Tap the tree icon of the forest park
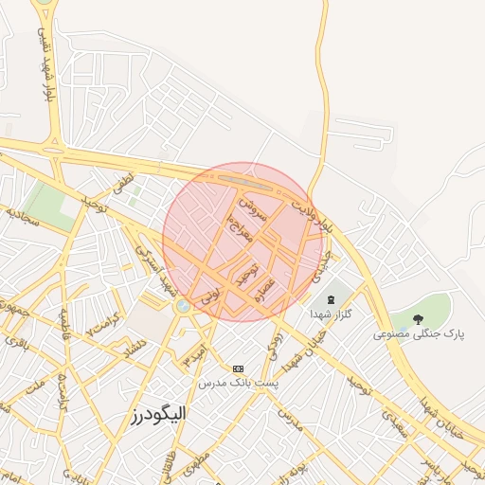click(418, 319)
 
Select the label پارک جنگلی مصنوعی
click(419, 334)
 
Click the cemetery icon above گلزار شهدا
click(331, 299)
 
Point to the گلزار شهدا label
click(331, 314)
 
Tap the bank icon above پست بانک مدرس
click(237, 368)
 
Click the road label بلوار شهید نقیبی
click(42, 64)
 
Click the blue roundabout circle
click(182, 306)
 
